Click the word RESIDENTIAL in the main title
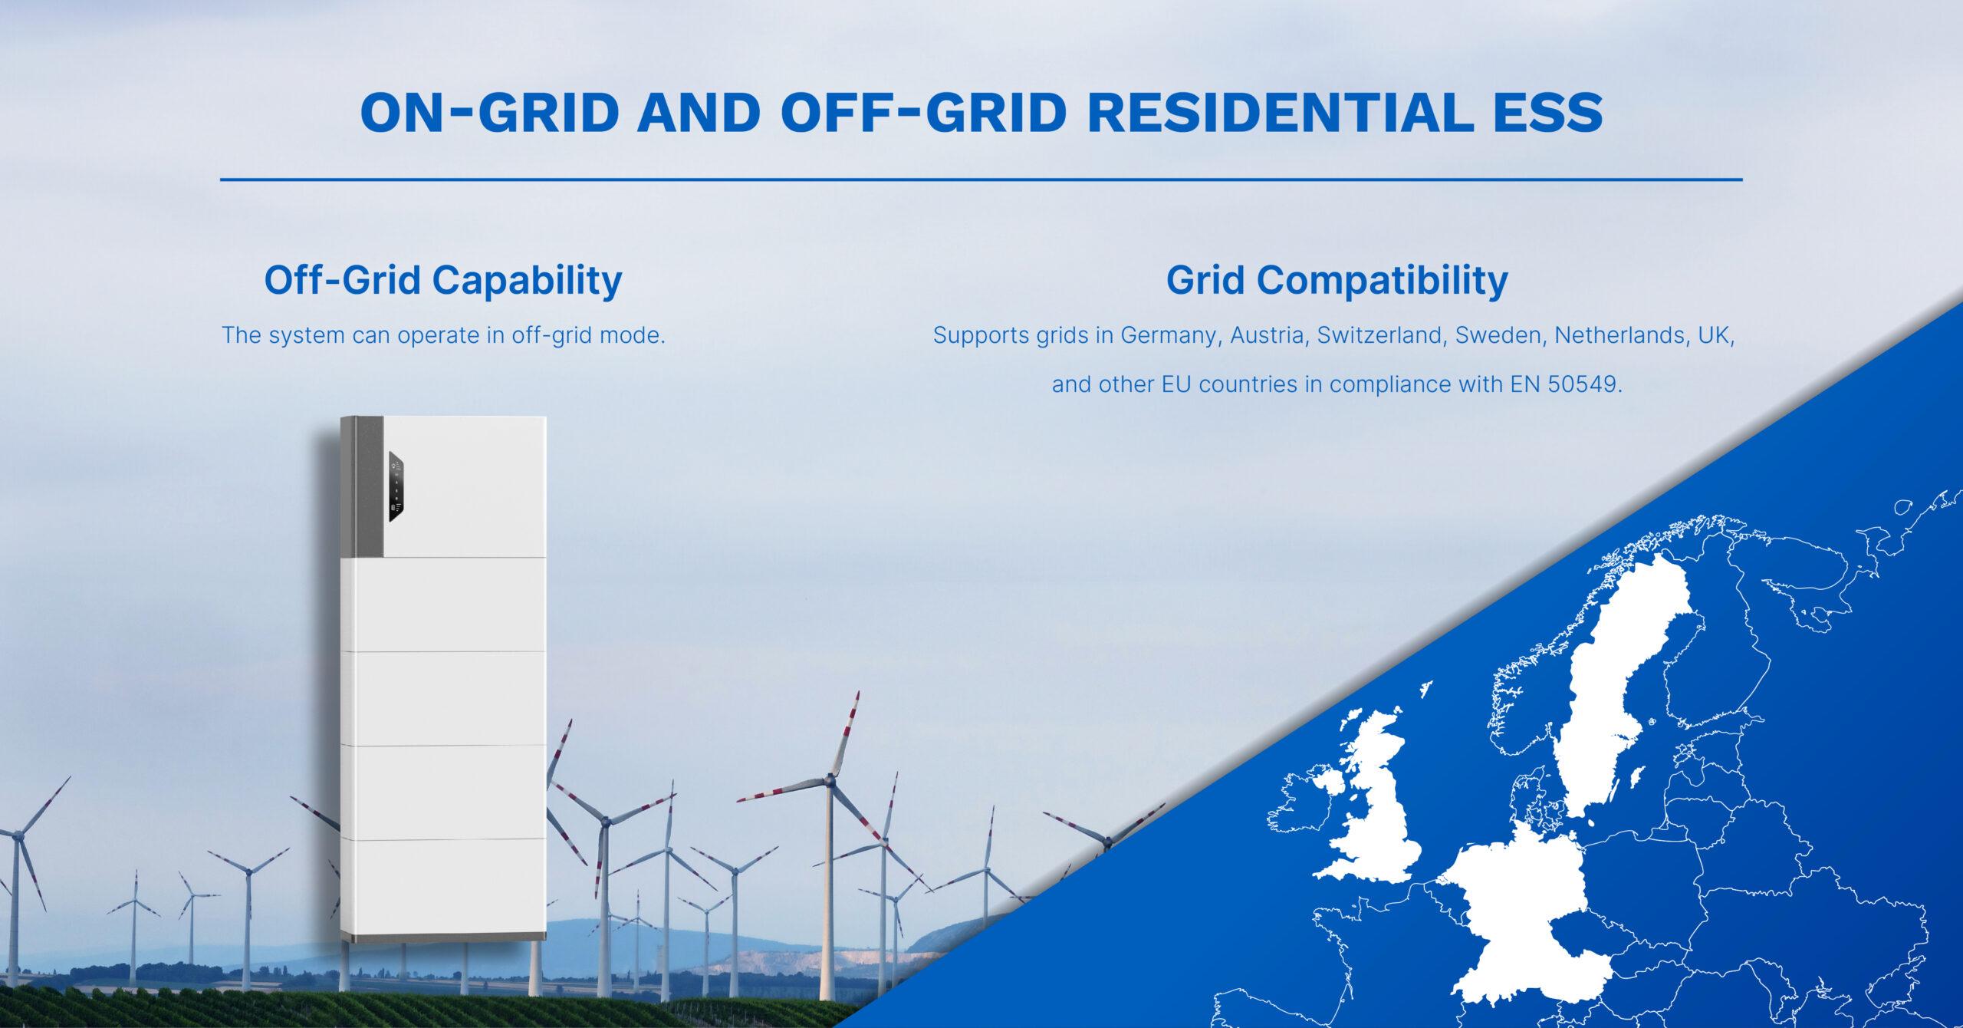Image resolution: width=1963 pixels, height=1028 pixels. tap(1280, 113)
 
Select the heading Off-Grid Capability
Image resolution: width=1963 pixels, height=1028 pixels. tap(443, 280)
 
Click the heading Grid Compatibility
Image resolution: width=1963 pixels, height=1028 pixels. tap(1337, 280)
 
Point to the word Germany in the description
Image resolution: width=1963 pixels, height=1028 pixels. tap(1171, 336)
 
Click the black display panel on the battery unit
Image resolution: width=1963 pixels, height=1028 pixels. tap(396, 486)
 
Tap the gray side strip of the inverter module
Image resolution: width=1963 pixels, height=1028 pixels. tap(362, 486)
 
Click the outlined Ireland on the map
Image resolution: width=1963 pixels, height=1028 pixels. tap(1300, 802)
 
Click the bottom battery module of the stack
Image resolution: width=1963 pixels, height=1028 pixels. tap(443, 887)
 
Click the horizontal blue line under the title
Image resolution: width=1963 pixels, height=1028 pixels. tap(981, 180)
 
